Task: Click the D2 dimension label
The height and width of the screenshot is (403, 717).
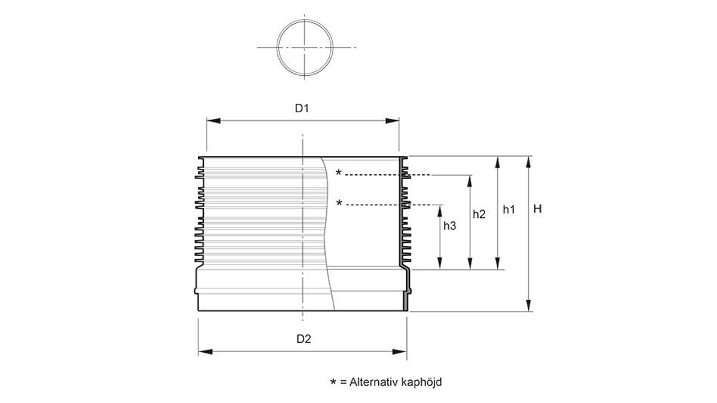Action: tap(304, 339)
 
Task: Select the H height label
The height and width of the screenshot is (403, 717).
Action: tap(537, 210)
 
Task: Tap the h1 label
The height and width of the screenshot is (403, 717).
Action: tap(508, 210)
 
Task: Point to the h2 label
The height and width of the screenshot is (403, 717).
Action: tap(479, 214)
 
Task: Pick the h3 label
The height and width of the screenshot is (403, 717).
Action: tap(450, 226)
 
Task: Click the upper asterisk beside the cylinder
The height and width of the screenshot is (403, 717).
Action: tap(339, 174)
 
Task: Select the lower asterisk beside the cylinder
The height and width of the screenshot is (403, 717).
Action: tap(339, 204)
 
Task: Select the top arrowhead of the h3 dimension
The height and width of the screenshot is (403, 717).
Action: tap(440, 209)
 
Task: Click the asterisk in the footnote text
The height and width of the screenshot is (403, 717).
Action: tap(333, 383)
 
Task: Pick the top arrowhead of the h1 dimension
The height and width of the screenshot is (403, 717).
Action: tap(497, 161)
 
